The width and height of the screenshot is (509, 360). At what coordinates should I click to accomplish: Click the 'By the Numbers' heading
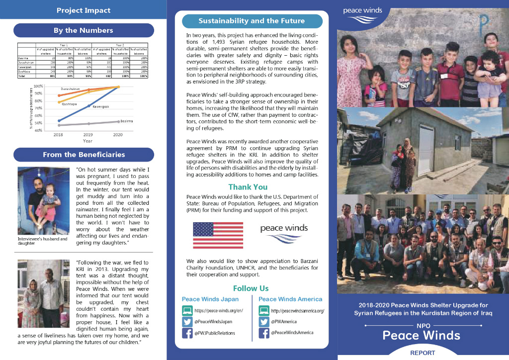(84, 30)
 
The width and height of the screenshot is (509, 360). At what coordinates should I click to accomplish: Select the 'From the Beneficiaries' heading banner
(84, 155)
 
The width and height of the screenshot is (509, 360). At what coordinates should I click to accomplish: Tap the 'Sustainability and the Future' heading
(252, 21)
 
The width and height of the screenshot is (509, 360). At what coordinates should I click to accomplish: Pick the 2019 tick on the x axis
(88, 135)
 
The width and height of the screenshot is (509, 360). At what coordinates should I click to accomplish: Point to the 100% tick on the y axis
(38, 87)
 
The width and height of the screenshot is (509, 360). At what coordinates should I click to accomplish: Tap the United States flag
(218, 235)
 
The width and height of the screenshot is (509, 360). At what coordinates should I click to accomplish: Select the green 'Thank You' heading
(248, 187)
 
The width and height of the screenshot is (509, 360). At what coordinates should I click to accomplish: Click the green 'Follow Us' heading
(251, 288)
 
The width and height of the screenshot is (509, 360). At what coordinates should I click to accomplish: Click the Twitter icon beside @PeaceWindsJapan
(187, 322)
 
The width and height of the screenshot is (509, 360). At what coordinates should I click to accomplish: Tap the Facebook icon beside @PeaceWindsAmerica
(264, 333)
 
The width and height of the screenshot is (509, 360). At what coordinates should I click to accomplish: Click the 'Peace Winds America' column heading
(290, 299)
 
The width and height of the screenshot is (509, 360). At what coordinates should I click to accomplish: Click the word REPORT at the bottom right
(423, 353)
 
